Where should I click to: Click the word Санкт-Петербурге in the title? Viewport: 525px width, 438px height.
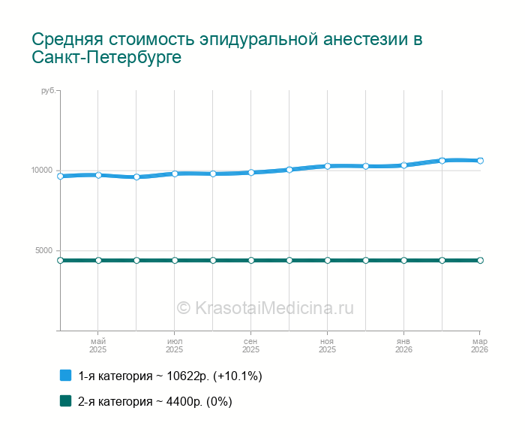click(106, 58)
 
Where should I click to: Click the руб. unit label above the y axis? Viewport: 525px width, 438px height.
click(47, 91)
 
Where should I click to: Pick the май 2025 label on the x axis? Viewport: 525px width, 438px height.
click(98, 346)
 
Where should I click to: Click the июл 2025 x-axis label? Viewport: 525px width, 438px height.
click(174, 346)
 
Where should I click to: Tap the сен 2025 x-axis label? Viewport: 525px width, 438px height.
click(250, 346)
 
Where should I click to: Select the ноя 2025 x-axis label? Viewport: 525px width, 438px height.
click(327, 346)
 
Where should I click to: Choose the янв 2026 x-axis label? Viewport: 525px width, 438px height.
click(403, 346)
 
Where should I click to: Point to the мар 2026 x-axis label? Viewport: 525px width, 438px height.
click(479, 346)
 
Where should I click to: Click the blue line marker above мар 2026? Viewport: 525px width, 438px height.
click(480, 161)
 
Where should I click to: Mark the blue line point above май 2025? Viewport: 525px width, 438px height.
click(98, 175)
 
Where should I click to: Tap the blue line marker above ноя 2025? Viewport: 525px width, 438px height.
click(327, 166)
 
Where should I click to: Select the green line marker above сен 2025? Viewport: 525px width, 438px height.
click(250, 260)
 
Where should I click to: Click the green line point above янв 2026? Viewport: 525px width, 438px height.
click(403, 260)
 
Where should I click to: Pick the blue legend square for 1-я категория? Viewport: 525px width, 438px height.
click(65, 375)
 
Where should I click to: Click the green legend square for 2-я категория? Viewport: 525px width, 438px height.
click(65, 400)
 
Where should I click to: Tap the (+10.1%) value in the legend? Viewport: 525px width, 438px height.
click(238, 376)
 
